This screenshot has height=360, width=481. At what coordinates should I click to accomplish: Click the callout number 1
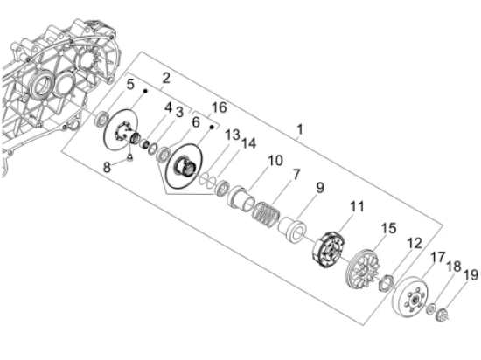[300, 129]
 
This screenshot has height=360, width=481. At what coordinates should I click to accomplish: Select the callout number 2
[166, 78]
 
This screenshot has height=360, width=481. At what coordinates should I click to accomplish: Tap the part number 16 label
[220, 107]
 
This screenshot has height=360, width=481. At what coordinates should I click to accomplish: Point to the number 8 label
[107, 167]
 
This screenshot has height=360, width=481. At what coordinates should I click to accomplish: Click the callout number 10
[275, 160]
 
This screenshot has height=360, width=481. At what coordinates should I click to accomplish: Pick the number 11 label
[357, 206]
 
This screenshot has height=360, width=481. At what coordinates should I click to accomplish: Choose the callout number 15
[388, 228]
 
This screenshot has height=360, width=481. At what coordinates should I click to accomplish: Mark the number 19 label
[471, 275]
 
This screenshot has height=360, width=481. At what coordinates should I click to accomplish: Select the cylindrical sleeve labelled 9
[293, 230]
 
